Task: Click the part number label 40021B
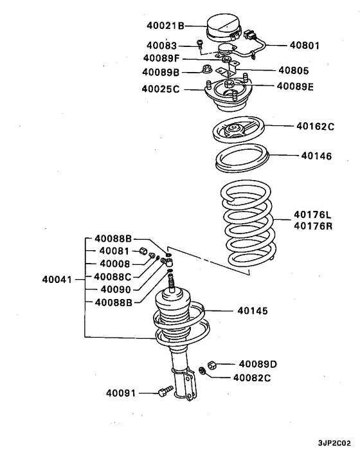coord(163,26)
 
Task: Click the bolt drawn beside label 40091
coord(165,390)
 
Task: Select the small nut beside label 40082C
coord(203,370)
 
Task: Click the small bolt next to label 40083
coord(200,45)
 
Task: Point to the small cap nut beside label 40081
coord(145,250)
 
